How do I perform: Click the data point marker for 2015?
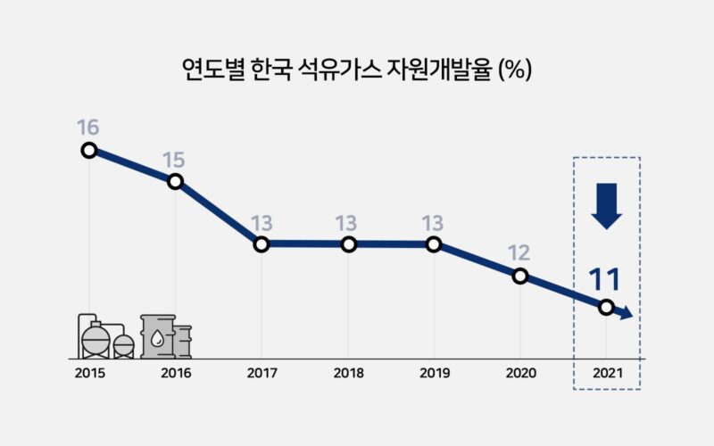(88, 150)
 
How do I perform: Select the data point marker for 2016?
(175, 181)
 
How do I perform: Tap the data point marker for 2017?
(262, 244)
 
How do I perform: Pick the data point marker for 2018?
(348, 244)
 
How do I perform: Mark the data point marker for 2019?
(434, 244)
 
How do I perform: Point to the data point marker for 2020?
(520, 276)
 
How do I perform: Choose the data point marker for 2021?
(606, 307)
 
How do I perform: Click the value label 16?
(88, 126)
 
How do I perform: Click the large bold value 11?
(604, 279)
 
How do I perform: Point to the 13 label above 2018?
(348, 221)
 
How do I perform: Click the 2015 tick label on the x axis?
(88, 373)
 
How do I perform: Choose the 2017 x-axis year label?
(262, 373)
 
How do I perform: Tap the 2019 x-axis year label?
(434, 373)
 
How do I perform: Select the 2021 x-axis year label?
(606, 373)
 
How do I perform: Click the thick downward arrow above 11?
(606, 204)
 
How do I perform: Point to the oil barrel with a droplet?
(158, 336)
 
